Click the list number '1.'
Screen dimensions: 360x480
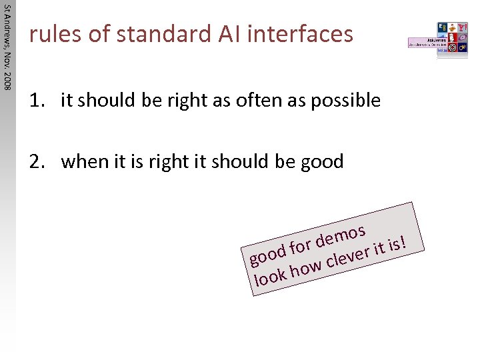pos(37,101)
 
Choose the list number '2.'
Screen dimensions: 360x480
pos(37,161)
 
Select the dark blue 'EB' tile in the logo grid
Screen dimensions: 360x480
pos(443,28)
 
